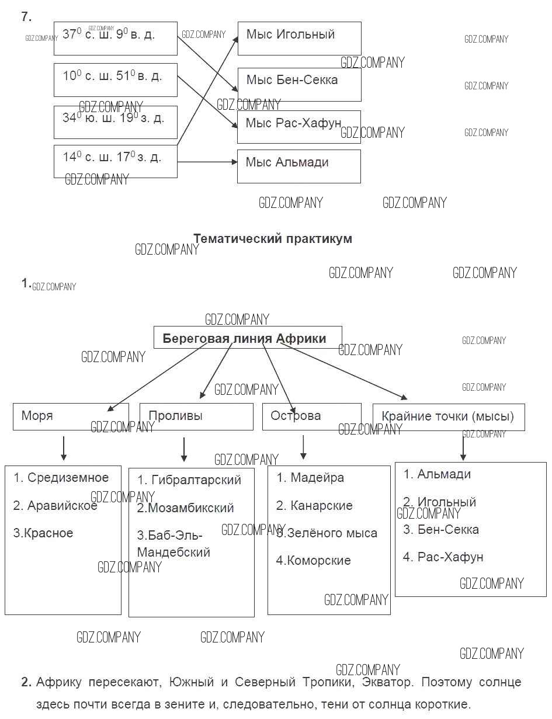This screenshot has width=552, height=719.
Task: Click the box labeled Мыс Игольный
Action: pos(299,38)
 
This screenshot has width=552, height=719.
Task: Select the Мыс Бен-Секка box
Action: pos(299,84)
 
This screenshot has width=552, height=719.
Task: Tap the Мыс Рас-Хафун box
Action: pos(299,127)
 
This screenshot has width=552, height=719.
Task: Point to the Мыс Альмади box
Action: pos(298,166)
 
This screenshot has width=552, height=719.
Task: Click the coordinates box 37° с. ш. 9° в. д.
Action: pos(115,39)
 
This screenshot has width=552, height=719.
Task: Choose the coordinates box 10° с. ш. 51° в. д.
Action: pos(115,80)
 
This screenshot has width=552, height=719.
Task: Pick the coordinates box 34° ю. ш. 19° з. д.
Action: pos(115,121)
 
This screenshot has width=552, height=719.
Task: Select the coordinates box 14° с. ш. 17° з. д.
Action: pos(115,161)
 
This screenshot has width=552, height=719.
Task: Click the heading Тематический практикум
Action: pos(272,238)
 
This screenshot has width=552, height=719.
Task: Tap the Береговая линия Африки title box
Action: pos(247,338)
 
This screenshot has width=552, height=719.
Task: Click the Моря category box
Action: pos(70,416)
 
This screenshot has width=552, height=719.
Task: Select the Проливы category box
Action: pos(196,416)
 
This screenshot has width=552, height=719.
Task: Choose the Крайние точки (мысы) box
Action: pos(448,416)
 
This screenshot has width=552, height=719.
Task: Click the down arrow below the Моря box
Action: pos(64,448)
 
